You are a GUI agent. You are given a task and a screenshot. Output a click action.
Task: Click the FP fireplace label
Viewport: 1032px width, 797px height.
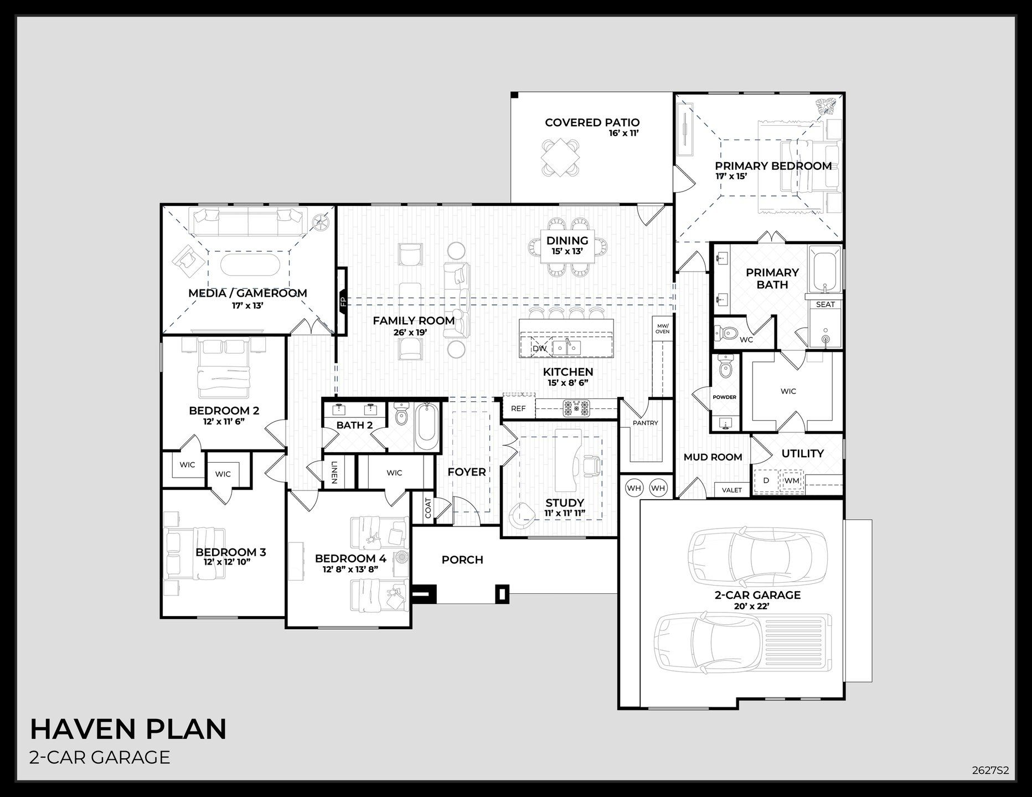343,302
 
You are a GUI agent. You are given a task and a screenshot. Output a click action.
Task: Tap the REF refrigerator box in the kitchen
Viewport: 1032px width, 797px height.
518,409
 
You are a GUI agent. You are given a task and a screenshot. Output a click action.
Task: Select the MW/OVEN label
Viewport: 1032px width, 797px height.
662,329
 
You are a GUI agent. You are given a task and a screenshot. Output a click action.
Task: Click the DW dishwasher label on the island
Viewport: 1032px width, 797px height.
539,349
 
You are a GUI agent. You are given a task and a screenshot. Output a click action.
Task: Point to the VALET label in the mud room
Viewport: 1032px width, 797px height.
732,490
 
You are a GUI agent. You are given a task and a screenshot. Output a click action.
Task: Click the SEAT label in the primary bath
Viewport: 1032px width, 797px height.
825,304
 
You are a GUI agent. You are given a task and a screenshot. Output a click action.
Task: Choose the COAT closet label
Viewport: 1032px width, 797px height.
427,508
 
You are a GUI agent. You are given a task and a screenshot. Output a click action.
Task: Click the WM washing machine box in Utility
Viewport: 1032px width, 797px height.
792,480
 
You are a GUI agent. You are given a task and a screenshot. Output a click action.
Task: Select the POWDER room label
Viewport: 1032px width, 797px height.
724,397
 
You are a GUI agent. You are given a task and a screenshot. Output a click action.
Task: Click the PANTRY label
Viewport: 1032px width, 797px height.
646,423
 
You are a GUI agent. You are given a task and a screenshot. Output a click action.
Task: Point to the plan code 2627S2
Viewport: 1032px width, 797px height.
990,770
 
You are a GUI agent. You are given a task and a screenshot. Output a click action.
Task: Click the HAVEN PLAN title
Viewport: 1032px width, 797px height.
128,729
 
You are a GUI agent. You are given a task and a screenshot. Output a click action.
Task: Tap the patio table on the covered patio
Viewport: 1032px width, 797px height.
561,157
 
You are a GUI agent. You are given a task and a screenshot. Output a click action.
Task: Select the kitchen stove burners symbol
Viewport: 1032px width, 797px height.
576,408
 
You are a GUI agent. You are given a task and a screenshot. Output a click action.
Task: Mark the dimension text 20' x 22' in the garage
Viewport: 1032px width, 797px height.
757,607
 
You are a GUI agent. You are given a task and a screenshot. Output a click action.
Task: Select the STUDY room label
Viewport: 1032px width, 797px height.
565,503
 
